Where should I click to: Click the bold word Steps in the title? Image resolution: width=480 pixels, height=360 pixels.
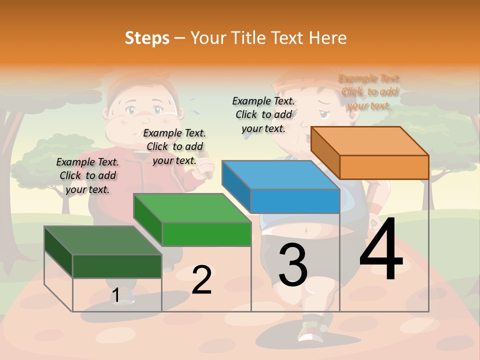click(x=147, y=37)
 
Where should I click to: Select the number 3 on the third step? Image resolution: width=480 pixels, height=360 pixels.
click(x=292, y=264)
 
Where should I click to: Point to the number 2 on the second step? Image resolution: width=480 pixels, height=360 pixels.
click(x=201, y=280)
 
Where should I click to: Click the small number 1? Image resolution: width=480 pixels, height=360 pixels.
click(x=115, y=295)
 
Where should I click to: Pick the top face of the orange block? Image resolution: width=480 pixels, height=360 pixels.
click(x=370, y=140)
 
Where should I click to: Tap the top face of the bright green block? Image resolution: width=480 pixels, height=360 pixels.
click(x=192, y=207)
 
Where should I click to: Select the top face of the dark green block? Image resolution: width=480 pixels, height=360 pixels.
click(x=103, y=240)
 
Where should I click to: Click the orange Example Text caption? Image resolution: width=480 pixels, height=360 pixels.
click(x=369, y=91)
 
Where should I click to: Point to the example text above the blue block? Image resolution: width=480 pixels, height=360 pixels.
click(x=263, y=114)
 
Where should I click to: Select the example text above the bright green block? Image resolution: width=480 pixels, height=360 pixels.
click(x=174, y=146)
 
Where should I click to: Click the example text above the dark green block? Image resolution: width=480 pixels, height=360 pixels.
click(x=87, y=175)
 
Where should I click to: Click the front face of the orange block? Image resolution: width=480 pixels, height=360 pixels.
click(x=384, y=167)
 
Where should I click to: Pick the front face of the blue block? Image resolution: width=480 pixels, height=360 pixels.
click(x=295, y=201)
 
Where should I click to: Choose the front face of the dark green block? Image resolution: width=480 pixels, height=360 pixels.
click(x=117, y=266)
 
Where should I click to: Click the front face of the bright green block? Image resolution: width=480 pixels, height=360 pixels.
click(x=206, y=234)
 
